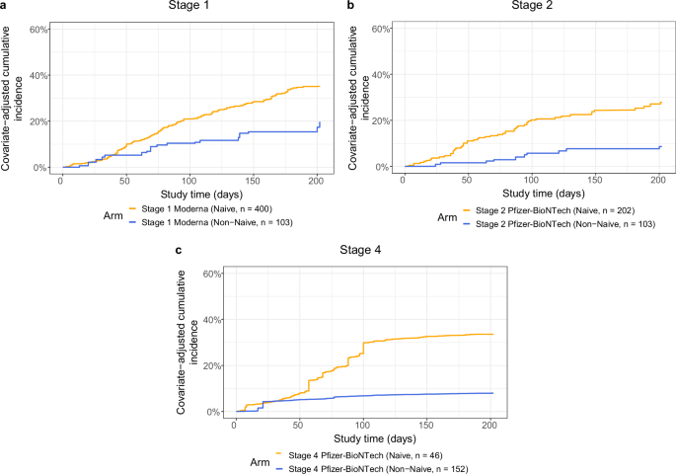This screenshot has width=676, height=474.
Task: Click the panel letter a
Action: (5, 6)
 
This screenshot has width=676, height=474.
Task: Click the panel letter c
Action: (177, 251)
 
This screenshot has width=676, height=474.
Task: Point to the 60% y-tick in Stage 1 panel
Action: (39, 29)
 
